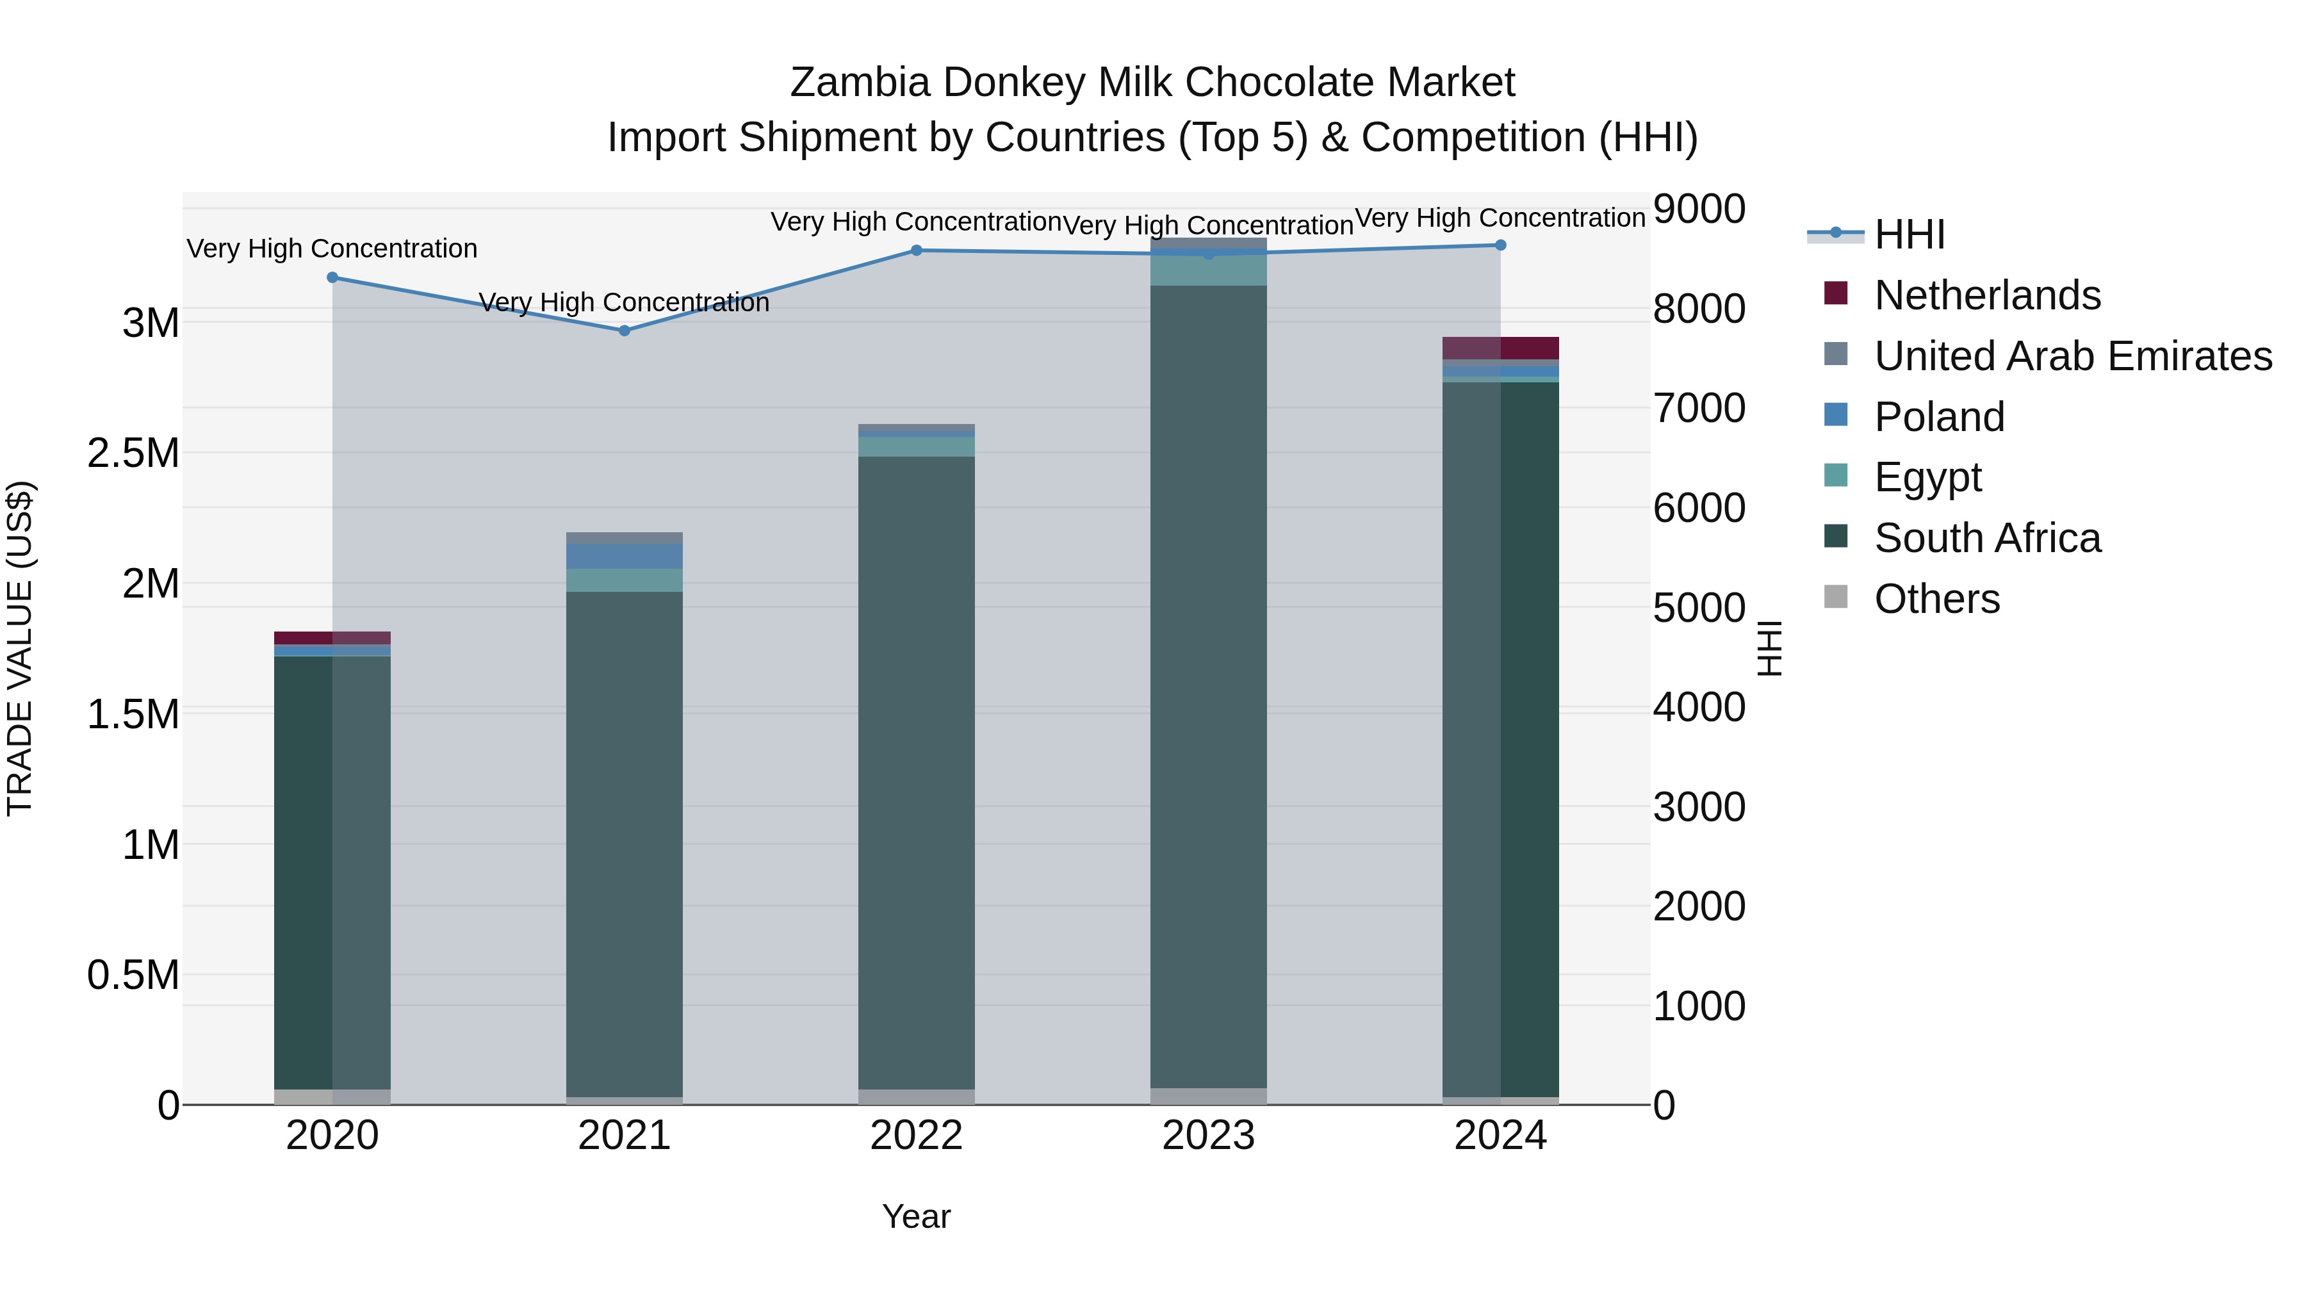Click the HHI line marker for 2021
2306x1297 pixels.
click(624, 330)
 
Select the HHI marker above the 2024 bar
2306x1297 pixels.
click(1500, 245)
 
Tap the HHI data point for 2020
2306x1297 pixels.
click(332, 277)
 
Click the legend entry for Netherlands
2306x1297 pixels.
click(1986, 295)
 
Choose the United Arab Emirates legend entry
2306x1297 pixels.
click(2072, 356)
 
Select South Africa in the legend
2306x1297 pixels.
click(1986, 538)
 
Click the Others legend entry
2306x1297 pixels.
click(1936, 599)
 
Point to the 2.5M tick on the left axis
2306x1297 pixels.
click(133, 453)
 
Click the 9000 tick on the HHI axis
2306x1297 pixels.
click(1698, 209)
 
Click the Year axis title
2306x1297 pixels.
click(916, 1216)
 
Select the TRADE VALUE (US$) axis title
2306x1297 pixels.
click(20, 648)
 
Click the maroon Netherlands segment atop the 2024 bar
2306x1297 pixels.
click(1500, 348)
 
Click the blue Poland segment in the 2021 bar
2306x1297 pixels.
click(624, 556)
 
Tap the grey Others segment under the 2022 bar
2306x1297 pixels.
click(916, 1097)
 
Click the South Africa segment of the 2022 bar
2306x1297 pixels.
click(916, 770)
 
